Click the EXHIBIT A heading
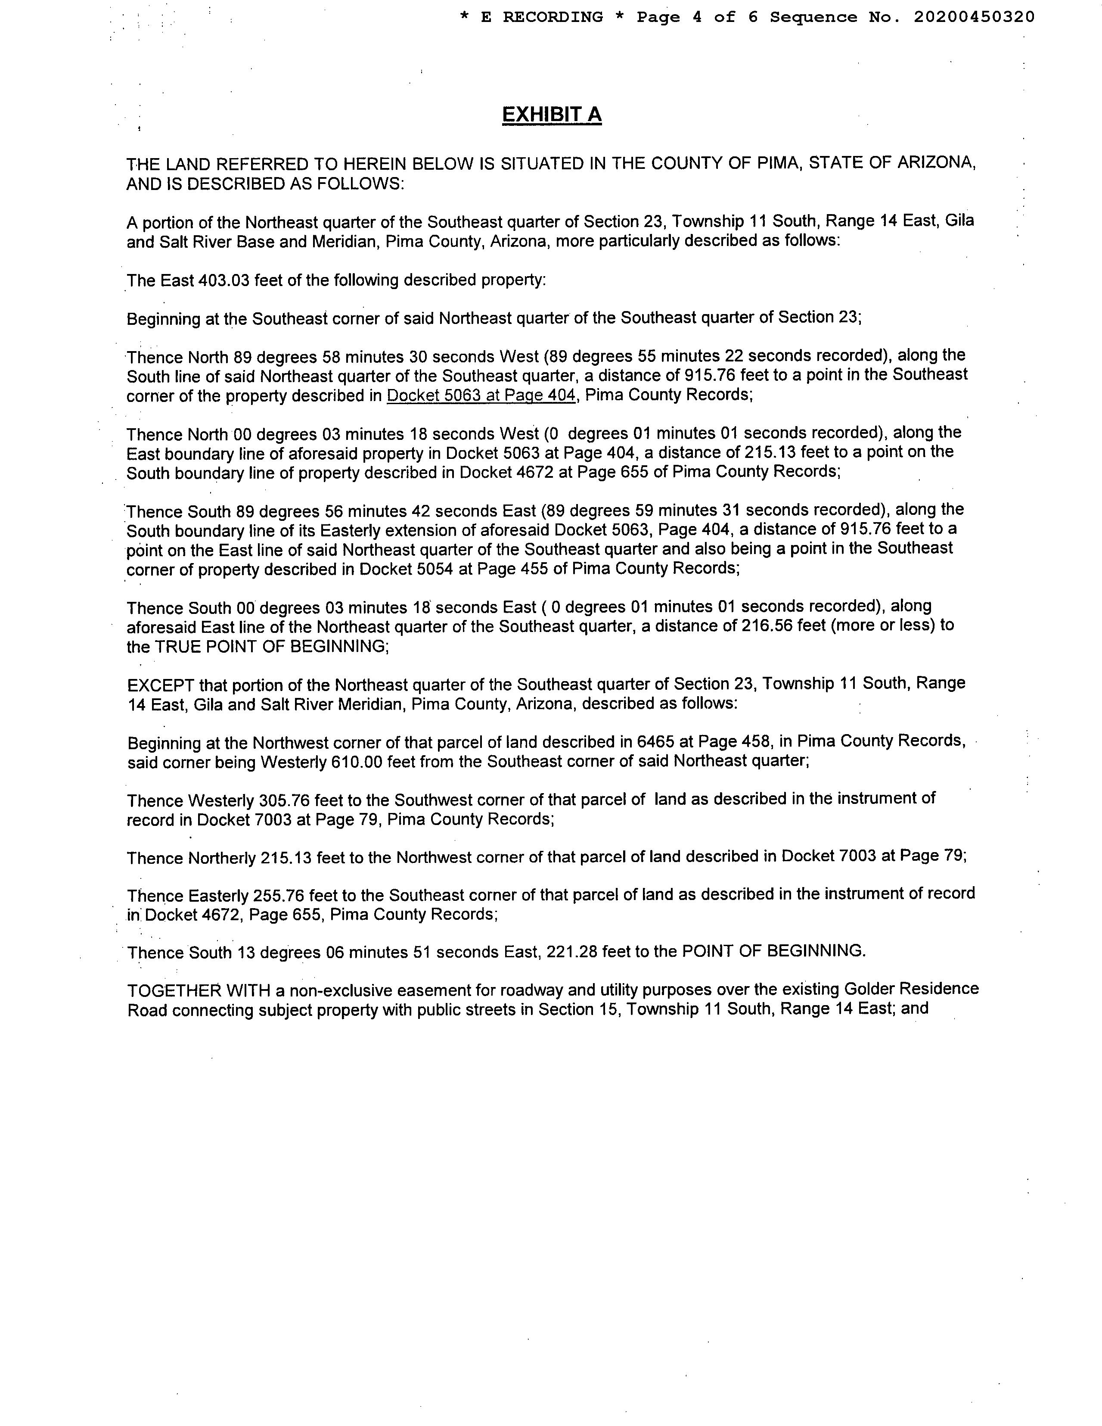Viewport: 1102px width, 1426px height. point(552,115)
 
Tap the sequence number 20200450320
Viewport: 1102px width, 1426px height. point(974,17)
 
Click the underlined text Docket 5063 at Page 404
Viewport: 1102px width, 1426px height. point(481,395)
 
